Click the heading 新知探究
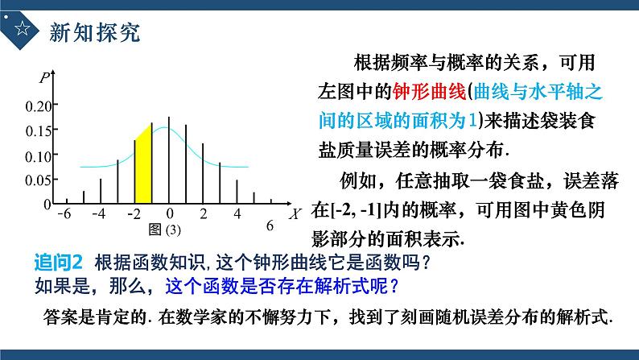pyautogui.click(x=95, y=32)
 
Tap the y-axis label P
pyautogui.click(x=43, y=78)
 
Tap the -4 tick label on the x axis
pyautogui.click(x=99, y=213)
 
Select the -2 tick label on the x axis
pyautogui.click(x=134, y=213)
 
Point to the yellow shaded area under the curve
pyautogui.click(x=143, y=165)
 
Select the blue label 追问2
pyautogui.click(x=60, y=263)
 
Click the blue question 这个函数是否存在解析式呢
pyautogui.click(x=282, y=284)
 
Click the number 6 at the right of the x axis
pyautogui.click(x=270, y=226)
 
